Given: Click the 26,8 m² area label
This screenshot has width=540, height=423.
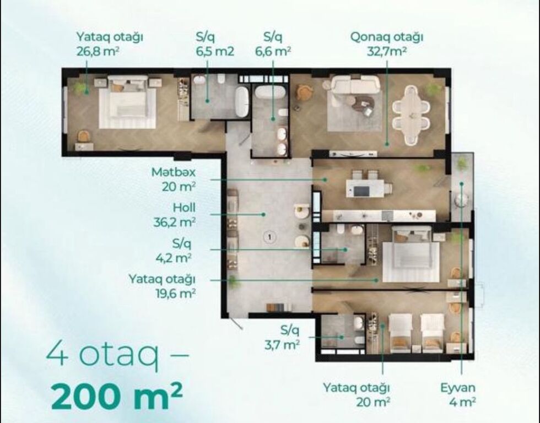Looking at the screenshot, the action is pos(98,51).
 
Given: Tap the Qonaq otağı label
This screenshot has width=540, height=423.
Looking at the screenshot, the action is pos(386,37).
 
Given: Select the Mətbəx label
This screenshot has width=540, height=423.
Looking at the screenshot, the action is pos(174,172).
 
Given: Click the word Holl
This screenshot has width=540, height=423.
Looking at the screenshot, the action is pos(184,208).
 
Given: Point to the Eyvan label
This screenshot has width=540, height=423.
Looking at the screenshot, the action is pos(458,388).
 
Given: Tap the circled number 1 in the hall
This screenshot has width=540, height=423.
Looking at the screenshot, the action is pos(269,237).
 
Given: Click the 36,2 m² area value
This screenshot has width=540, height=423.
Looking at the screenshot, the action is pos(175,222).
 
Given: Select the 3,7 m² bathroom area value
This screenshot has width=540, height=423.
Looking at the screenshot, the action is pos(282,345).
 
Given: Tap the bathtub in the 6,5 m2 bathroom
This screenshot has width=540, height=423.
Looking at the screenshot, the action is pos(242,101).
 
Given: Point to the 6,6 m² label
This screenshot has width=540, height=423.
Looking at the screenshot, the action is pos(273,51).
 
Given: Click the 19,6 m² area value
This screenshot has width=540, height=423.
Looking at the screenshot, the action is pos(176,294).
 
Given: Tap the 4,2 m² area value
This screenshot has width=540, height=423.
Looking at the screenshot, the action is pos(174,258).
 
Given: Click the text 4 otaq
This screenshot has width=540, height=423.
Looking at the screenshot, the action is pos(103,355).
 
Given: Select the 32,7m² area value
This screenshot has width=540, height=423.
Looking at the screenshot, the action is pos(386,52).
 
